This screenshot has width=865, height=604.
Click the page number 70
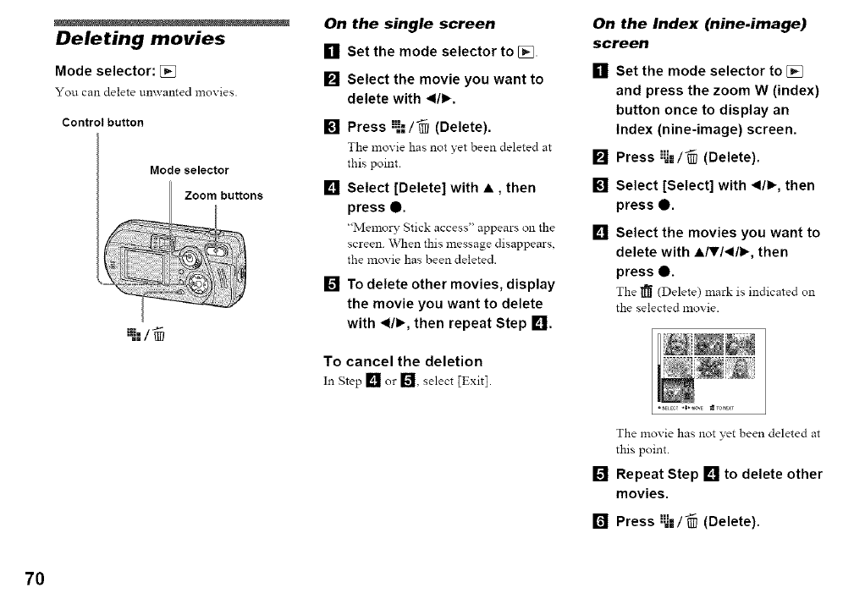[x=34, y=579]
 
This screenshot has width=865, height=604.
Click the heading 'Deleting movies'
[x=140, y=39]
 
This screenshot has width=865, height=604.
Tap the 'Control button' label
[x=102, y=122]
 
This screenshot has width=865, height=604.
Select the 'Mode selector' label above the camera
[x=188, y=170]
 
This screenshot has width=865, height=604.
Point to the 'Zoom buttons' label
[x=223, y=195]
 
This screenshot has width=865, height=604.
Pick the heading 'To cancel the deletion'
[x=403, y=361]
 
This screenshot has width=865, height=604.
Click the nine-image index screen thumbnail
[x=710, y=371]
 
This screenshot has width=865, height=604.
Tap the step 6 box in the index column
[x=601, y=522]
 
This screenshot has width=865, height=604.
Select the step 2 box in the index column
[x=601, y=158]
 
